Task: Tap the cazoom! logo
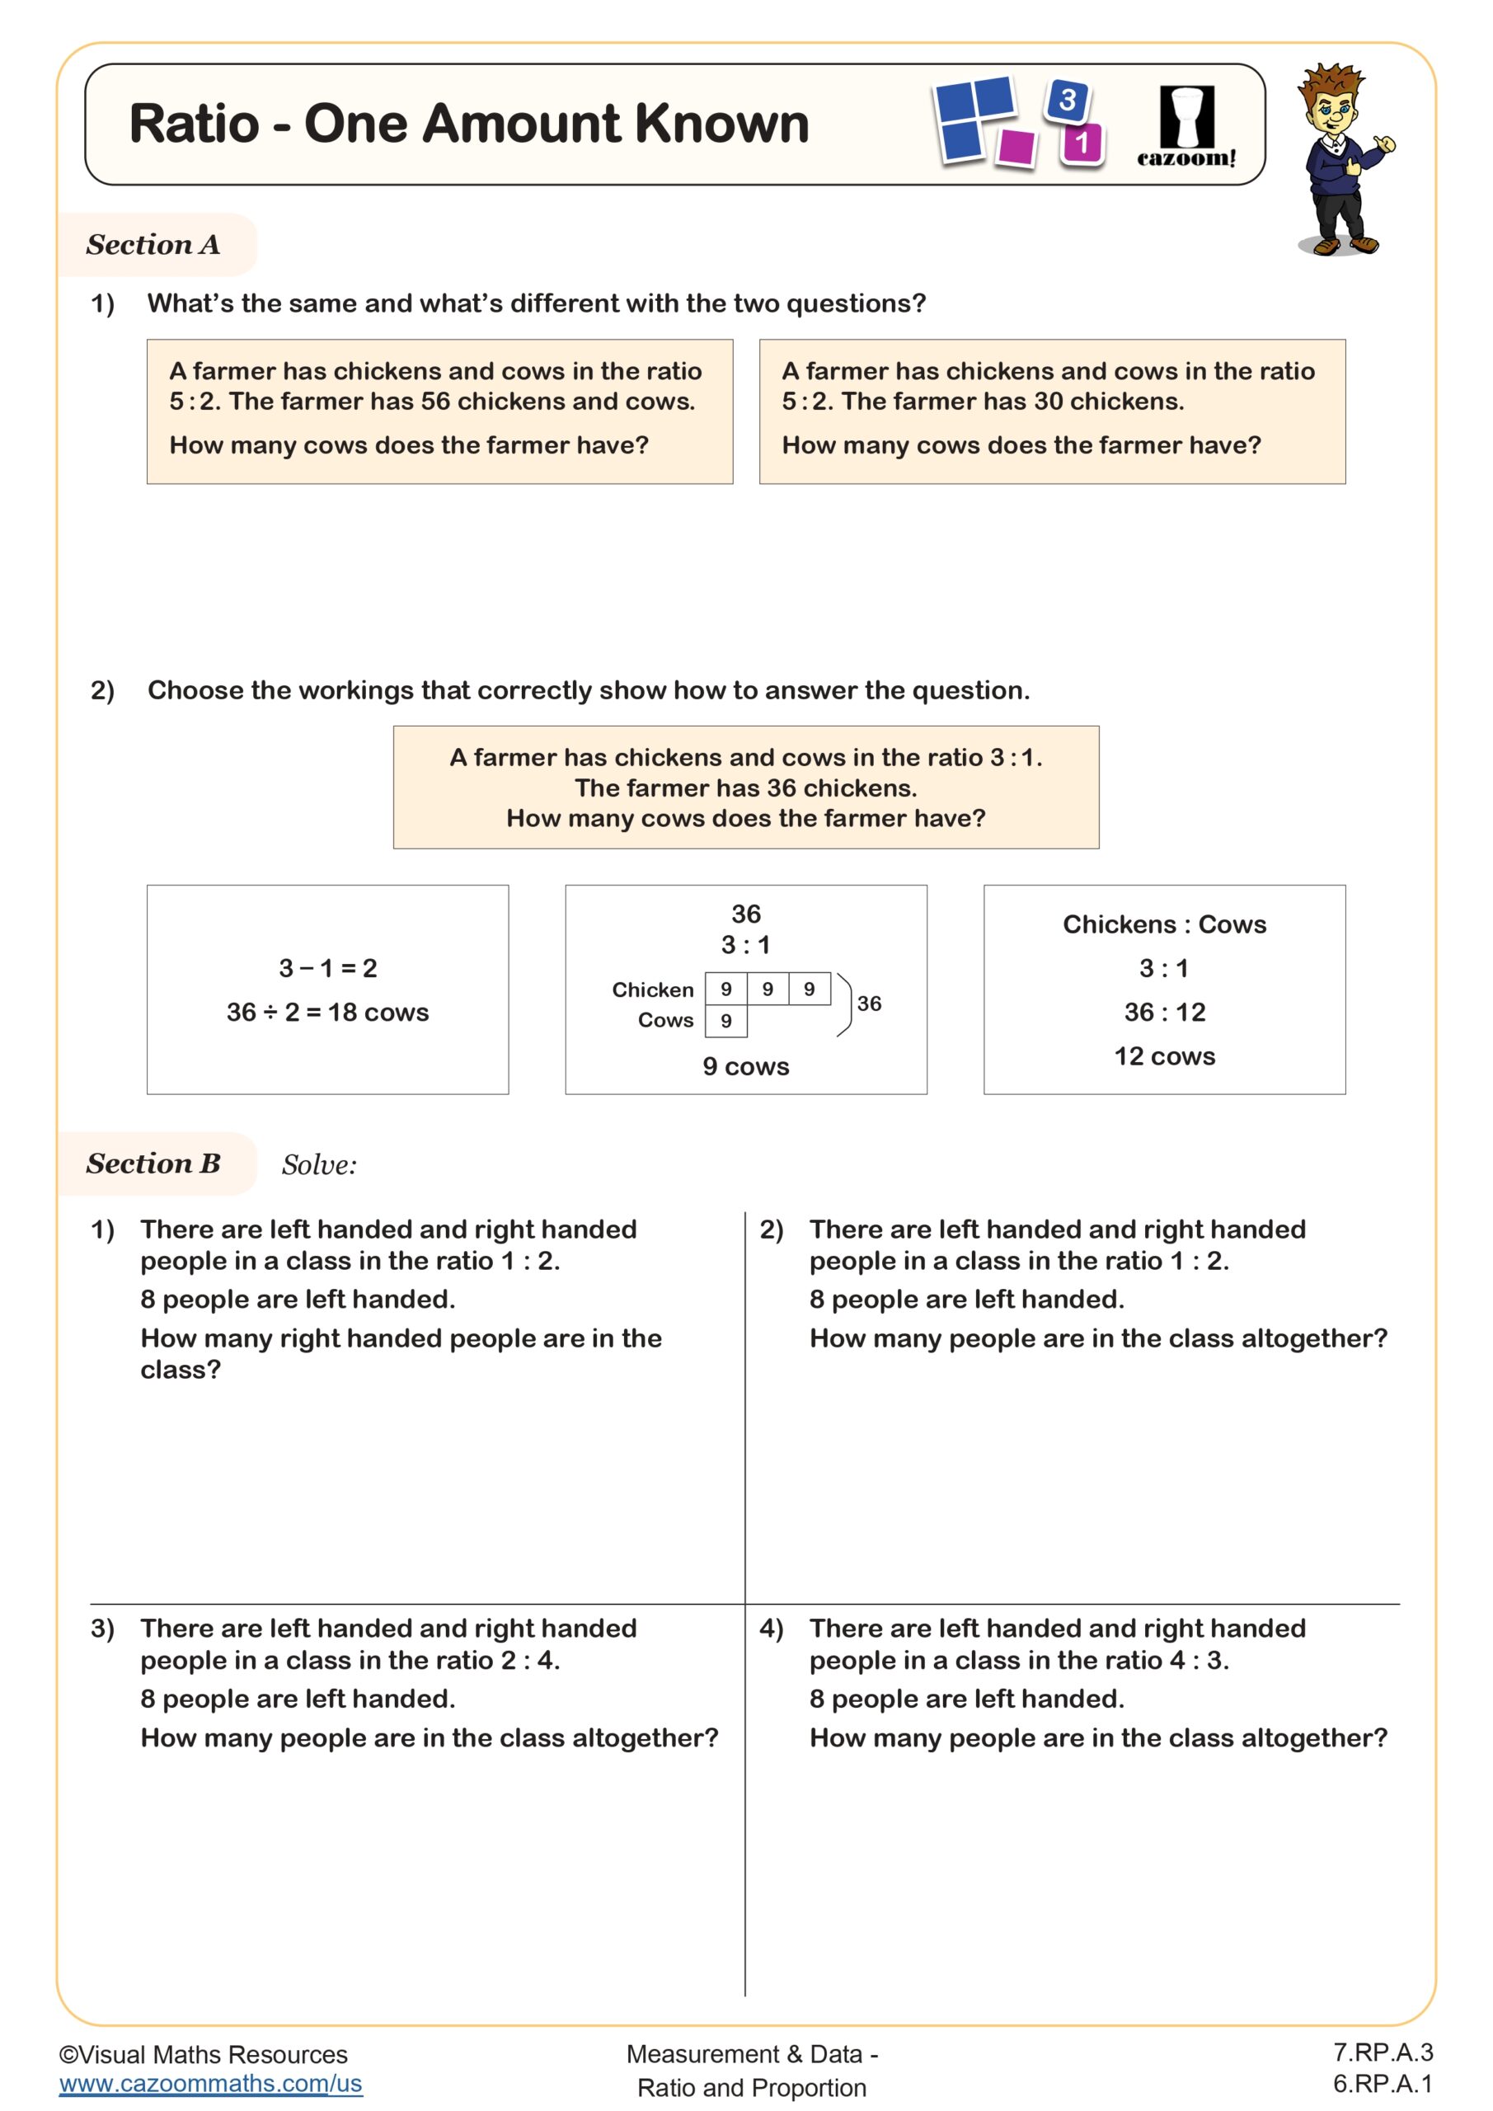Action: [x=1186, y=127]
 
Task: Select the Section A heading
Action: [x=153, y=245]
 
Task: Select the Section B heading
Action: [x=153, y=1163]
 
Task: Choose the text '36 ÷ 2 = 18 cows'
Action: [x=327, y=1013]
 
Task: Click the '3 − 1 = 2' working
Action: [x=327, y=968]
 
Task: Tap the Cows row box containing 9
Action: [x=726, y=1021]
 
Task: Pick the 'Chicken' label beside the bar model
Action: [x=653, y=990]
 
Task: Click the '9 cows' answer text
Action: [x=745, y=1066]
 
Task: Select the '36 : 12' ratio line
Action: [x=1164, y=1013]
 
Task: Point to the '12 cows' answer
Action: [x=1164, y=1056]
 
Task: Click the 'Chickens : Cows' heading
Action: [x=1164, y=925]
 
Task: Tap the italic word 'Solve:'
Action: [x=319, y=1165]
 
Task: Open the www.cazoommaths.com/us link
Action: [x=210, y=2084]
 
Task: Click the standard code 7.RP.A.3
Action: [x=1383, y=2052]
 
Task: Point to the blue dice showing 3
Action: [x=1067, y=99]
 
